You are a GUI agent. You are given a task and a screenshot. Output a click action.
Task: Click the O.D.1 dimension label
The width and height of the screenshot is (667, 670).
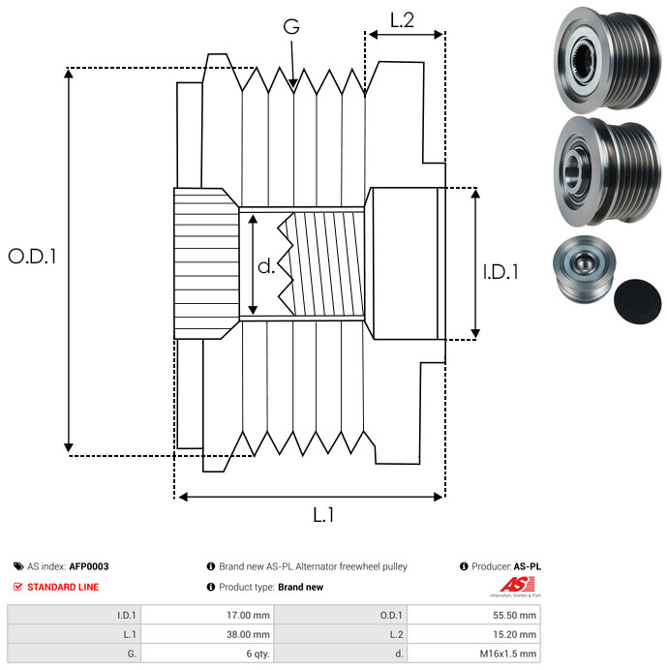click(x=33, y=257)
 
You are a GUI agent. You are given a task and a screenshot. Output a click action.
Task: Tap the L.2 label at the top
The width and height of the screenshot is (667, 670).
click(x=402, y=19)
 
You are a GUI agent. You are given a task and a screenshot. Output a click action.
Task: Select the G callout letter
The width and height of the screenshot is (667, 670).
click(x=290, y=27)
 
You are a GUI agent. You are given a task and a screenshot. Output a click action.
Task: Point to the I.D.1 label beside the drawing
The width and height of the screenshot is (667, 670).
click(x=500, y=272)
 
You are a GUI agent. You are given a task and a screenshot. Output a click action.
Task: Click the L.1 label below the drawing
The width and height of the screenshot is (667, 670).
click(x=323, y=516)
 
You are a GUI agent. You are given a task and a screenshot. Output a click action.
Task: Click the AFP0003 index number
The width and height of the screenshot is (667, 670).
click(x=88, y=566)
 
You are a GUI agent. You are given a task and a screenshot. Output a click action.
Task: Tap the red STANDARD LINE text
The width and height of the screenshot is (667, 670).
click(x=63, y=587)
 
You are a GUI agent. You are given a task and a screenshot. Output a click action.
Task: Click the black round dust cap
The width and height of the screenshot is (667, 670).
click(x=639, y=299)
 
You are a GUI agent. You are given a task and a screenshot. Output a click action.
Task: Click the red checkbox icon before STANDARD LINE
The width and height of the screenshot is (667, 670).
click(x=18, y=587)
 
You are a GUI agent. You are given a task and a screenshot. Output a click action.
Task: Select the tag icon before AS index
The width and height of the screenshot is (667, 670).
click(x=18, y=566)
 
